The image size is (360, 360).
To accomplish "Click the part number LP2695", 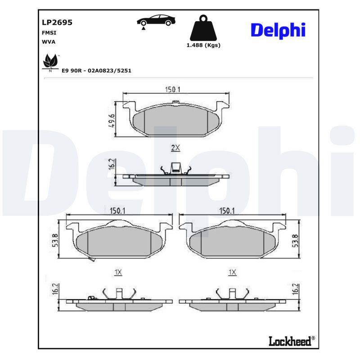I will [57, 22].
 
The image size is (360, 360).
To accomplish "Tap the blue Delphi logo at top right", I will [278, 30].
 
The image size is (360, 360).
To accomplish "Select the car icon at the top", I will [156, 20].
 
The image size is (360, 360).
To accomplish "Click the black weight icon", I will [203, 28].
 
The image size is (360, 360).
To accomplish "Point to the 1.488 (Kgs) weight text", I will [203, 45].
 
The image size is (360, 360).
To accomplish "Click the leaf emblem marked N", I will [50, 62].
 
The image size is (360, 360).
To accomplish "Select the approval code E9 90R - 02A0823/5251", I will [96, 71].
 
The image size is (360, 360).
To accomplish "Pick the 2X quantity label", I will [175, 147].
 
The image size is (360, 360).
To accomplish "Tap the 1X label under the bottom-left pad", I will [118, 272].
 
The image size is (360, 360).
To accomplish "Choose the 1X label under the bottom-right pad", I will [232, 272].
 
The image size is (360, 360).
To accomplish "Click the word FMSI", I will [49, 33].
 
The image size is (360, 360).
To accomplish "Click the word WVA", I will [49, 42].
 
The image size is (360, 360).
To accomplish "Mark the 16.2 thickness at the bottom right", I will [296, 289].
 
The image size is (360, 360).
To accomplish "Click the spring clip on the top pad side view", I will [175, 169].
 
